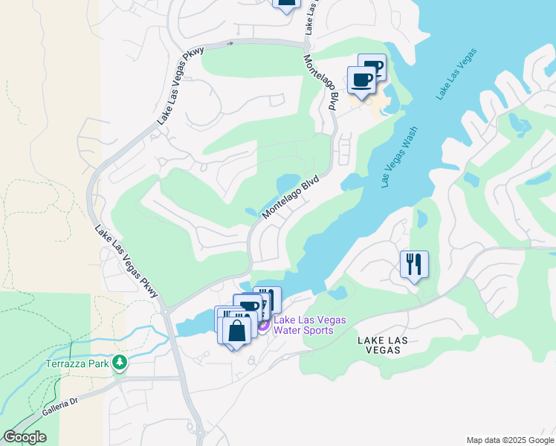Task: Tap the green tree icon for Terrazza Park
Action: (x=119, y=363)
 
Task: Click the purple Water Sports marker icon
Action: (x=262, y=326)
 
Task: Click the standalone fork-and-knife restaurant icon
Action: (x=414, y=264)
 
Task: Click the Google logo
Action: (x=25, y=437)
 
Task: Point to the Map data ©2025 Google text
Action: (x=510, y=440)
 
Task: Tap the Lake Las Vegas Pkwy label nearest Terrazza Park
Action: (x=127, y=262)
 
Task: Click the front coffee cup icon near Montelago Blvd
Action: (x=361, y=80)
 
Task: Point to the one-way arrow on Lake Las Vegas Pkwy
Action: (x=230, y=43)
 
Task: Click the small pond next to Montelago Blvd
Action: (x=288, y=183)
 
